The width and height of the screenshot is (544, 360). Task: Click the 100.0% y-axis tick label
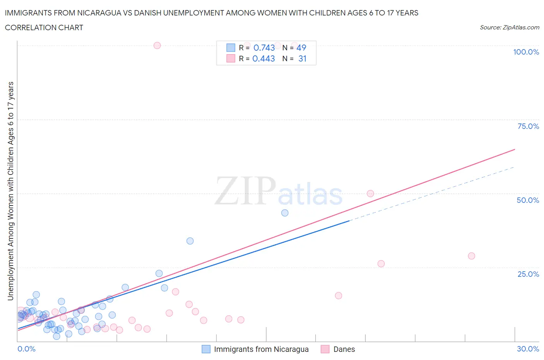[526, 52]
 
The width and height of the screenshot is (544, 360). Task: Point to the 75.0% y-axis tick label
[528, 126]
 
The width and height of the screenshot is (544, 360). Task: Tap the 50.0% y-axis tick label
[528, 200]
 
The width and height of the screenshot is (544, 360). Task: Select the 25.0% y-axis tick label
[528, 274]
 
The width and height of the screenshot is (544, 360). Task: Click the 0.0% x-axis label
[26, 349]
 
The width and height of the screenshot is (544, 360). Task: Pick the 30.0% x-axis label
[528, 349]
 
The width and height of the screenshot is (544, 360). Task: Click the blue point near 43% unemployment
[285, 213]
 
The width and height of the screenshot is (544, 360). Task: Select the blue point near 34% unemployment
[190, 241]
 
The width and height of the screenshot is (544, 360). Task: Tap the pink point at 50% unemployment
[370, 194]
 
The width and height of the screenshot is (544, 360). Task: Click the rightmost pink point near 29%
[471, 256]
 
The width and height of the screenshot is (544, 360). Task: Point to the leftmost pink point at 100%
[157, 45]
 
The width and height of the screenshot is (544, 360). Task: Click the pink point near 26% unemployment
[381, 264]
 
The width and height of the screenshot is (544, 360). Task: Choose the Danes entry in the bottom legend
[344, 349]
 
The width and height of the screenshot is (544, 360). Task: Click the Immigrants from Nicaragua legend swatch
[206, 349]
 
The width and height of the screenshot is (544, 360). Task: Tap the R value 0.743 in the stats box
[264, 48]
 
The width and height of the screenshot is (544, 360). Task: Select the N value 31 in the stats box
[302, 59]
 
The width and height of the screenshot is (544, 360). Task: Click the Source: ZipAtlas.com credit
[509, 27]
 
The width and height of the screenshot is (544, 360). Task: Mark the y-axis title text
[10, 191]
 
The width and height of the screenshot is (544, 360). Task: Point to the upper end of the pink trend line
[515, 149]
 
